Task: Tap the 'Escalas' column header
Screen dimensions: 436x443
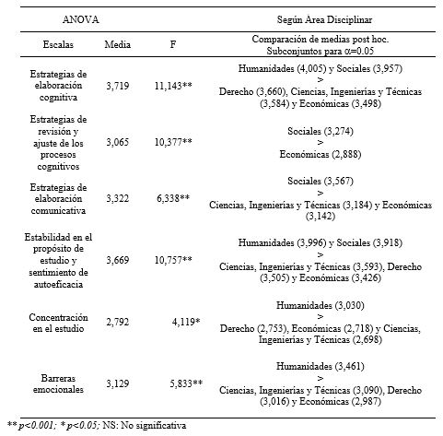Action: point(63,43)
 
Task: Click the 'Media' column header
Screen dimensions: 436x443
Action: point(117,43)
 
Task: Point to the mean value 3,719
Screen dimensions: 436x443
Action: point(117,82)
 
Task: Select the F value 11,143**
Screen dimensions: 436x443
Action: point(173,82)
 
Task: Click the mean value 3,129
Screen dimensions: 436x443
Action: point(117,382)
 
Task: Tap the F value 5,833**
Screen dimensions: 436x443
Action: point(185,382)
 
